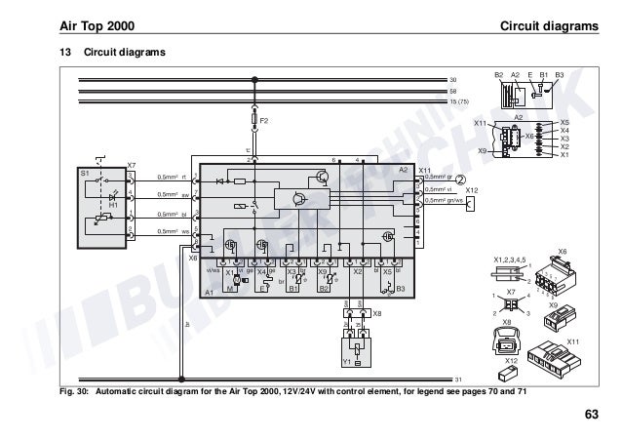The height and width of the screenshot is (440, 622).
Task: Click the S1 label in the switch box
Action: [84, 172]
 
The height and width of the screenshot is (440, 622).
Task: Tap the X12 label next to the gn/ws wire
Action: [472, 189]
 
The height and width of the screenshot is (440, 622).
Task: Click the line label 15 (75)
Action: [461, 100]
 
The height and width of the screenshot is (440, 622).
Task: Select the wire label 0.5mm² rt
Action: [171, 178]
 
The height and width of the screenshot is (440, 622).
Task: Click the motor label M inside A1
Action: [230, 290]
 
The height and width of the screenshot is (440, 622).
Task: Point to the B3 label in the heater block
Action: [400, 289]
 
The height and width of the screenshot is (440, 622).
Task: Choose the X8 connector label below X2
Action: [377, 314]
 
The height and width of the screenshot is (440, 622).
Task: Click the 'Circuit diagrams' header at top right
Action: [548, 24]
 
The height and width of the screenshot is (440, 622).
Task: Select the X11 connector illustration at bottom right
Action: [555, 360]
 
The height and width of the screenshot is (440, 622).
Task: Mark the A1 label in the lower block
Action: [209, 292]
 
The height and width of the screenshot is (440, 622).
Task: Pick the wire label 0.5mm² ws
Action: [171, 231]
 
